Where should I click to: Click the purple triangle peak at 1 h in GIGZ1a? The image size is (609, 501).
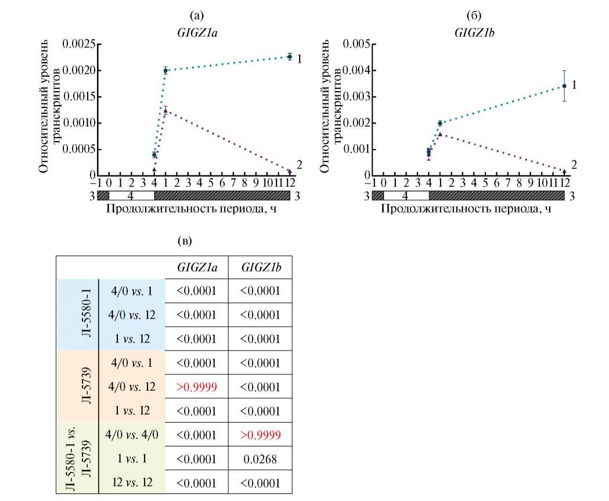[x=165, y=110]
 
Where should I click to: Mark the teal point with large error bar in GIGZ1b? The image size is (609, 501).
[x=564, y=86]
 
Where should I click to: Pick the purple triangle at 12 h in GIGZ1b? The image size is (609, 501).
[x=564, y=171]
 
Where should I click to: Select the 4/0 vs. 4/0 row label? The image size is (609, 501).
[x=132, y=434]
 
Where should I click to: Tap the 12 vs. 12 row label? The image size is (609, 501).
[x=132, y=482]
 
